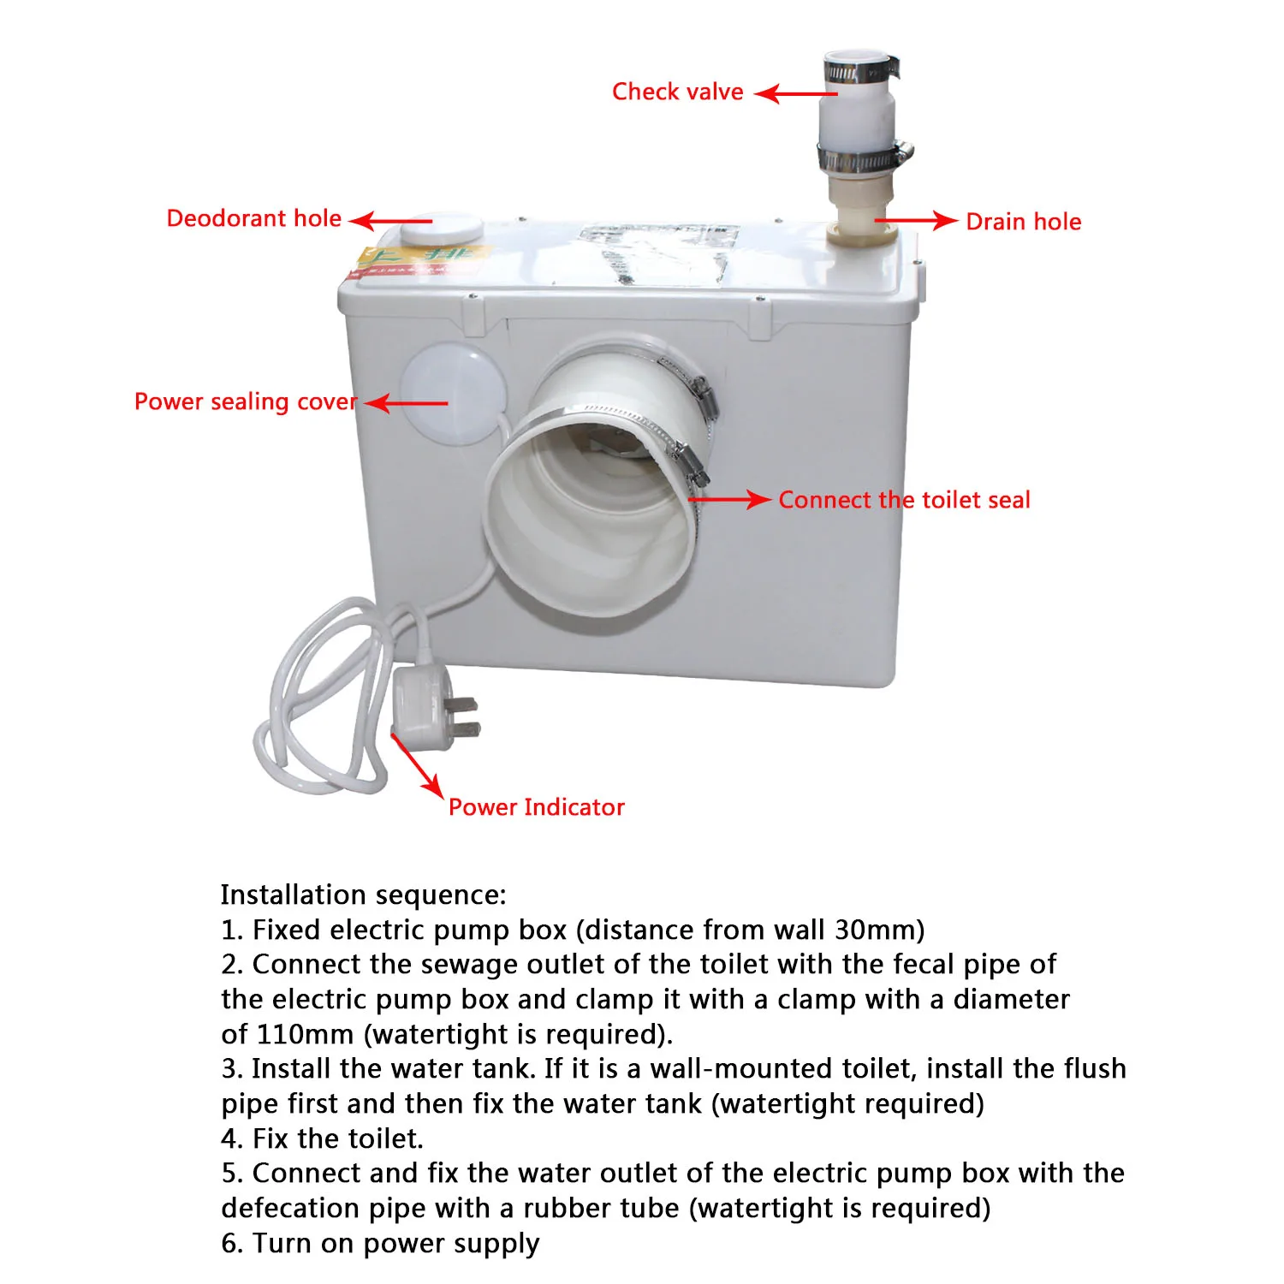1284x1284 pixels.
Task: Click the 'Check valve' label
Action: point(677,92)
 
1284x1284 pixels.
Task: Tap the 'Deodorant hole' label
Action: point(253,219)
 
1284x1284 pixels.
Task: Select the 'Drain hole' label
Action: point(1023,222)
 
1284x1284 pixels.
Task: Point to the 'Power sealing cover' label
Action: point(245,401)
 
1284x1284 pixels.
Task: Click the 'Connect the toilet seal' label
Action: point(904,500)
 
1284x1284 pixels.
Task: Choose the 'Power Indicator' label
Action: point(537,807)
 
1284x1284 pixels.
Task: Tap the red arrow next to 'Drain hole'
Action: point(916,221)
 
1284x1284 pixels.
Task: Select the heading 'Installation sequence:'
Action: point(363,895)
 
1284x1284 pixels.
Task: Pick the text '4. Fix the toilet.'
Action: point(322,1138)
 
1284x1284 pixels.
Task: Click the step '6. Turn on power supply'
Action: point(380,1243)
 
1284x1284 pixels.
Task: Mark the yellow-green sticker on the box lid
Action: point(419,259)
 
